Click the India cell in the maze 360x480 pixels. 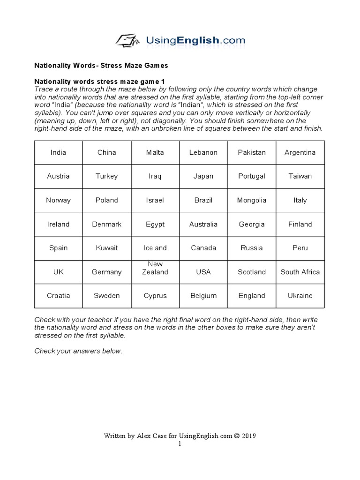59,152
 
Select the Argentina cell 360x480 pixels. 300,152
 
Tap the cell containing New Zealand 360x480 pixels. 155,272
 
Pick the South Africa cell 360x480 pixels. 300,272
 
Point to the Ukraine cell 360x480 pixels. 300,296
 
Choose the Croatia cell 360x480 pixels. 59,296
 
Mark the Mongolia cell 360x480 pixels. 252,200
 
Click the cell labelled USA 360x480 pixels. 203,272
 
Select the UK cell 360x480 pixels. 59,272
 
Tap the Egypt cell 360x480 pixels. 155,224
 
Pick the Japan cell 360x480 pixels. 203,176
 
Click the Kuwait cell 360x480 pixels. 107,248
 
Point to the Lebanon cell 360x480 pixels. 203,152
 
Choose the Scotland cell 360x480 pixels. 252,272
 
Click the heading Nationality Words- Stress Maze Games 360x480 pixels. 101,65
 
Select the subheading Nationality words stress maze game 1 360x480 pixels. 100,82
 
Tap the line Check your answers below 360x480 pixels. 78,352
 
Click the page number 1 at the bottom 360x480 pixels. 180,443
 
